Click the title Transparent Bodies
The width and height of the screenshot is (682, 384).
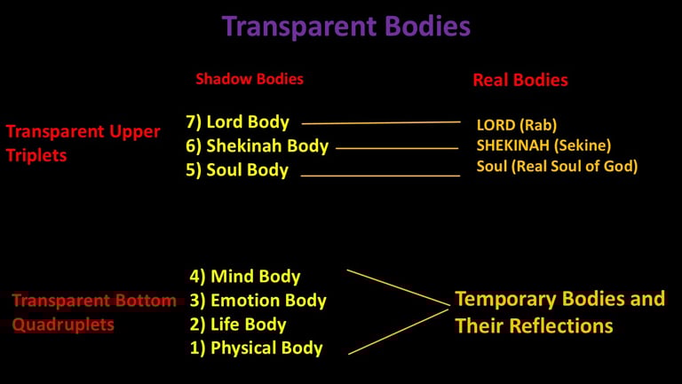click(x=345, y=27)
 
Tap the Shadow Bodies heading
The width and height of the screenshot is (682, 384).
click(x=250, y=79)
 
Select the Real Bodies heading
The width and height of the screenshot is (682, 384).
click(x=519, y=80)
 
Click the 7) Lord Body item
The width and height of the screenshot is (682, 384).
click(x=237, y=121)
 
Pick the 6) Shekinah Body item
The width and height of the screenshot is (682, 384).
click(x=257, y=145)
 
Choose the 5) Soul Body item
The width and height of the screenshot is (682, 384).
click(x=236, y=170)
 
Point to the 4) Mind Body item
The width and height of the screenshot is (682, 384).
click(x=244, y=277)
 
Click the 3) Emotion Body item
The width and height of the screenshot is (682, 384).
click(x=258, y=301)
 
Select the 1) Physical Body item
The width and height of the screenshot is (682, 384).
click(x=256, y=349)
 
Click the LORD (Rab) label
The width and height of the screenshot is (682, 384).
click(x=516, y=125)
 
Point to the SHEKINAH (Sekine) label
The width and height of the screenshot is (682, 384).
click(x=543, y=145)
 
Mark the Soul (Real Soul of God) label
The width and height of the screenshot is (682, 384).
click(x=557, y=166)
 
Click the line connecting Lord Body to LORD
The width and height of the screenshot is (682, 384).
click(x=382, y=122)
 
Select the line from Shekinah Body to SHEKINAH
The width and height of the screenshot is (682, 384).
click(x=396, y=148)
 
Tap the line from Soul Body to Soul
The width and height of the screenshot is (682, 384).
click(x=381, y=176)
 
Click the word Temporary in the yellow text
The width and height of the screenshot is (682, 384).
click(x=507, y=299)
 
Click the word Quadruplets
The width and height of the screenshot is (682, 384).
click(x=63, y=325)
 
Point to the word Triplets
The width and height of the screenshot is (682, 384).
click(x=36, y=155)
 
